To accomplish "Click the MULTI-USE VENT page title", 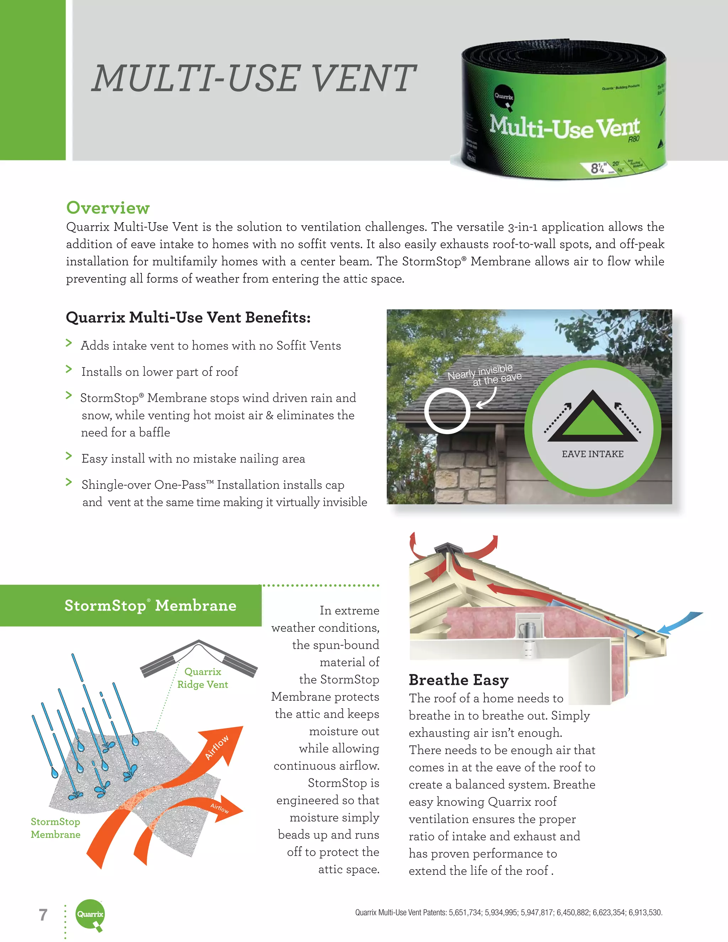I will pos(253,79).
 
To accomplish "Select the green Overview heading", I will pos(108,208).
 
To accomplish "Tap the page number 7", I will pos(43,914).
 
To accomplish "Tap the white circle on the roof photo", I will pos(447,410).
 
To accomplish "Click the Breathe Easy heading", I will pos(459,680).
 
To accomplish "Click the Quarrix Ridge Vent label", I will pos(202,678).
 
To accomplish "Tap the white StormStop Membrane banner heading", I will pos(150,606).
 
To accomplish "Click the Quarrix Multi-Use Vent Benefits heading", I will pos(188,317).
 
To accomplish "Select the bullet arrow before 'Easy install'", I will pos(69,456).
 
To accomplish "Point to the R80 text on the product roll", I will pos(633,139).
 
